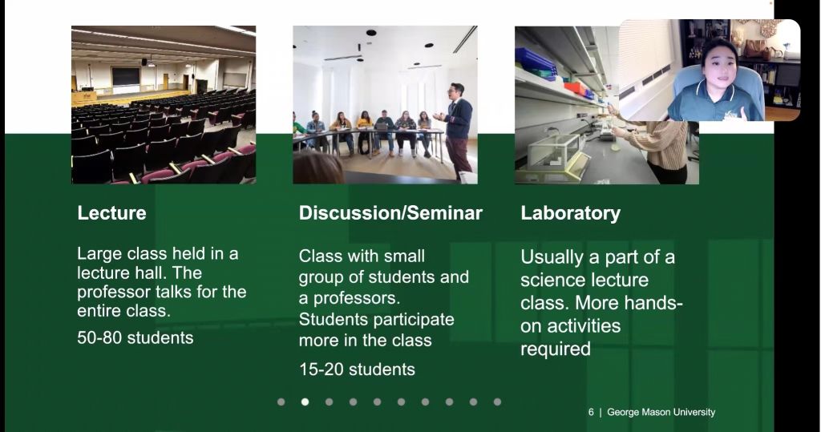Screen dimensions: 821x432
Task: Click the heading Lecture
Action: pyautogui.click(x=111, y=213)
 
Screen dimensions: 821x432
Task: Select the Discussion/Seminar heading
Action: pyautogui.click(x=390, y=213)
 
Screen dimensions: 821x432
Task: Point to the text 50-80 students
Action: pyautogui.click(x=135, y=337)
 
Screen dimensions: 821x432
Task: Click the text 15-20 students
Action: pyautogui.click(x=357, y=369)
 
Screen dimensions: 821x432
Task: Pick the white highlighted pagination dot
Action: pyautogui.click(x=305, y=402)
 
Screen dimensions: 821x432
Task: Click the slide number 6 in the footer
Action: pyautogui.click(x=591, y=412)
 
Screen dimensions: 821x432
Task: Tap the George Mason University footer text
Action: pyautogui.click(x=661, y=412)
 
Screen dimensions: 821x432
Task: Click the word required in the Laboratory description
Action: pyautogui.click(x=556, y=349)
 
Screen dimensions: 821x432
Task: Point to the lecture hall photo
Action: pyautogui.click(x=164, y=105)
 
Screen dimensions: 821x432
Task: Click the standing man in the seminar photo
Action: pyautogui.click(x=458, y=130)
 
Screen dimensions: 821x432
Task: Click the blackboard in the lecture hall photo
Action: pyautogui.click(x=126, y=76)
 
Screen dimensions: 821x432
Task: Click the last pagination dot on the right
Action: pyautogui.click(x=497, y=402)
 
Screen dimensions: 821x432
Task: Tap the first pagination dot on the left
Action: pyautogui.click(x=281, y=402)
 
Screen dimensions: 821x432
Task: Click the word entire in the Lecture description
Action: pyautogui.click(x=97, y=311)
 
